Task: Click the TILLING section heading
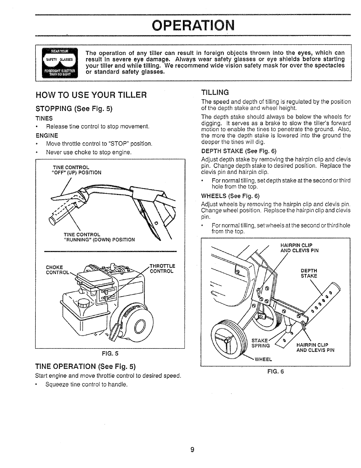click(215, 93)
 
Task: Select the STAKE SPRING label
click(260, 343)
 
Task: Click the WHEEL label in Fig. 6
click(263, 360)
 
